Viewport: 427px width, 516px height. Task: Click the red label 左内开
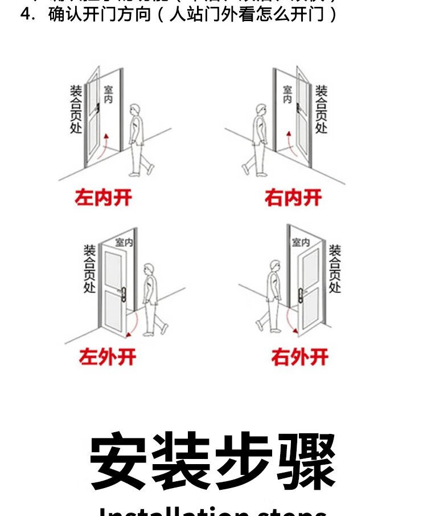[104, 198]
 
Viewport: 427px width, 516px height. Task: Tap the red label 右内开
[293, 198]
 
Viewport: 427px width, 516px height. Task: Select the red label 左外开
[108, 357]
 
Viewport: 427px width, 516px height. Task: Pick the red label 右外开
[300, 357]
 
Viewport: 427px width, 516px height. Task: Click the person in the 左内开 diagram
[138, 139]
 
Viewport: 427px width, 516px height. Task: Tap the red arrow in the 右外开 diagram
[291, 319]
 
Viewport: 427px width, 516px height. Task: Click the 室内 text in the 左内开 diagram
[108, 95]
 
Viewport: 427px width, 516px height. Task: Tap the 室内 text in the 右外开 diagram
[301, 242]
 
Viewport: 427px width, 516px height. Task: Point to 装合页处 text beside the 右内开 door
[321, 109]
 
